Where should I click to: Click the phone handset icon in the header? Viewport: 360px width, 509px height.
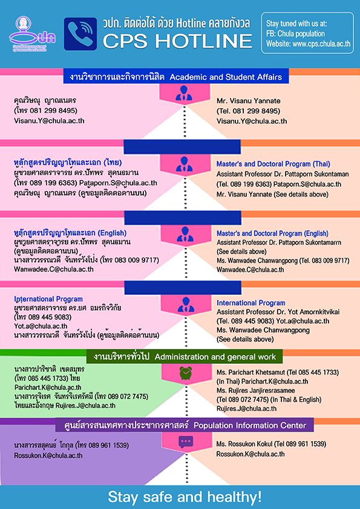pyautogui.click(x=80, y=34)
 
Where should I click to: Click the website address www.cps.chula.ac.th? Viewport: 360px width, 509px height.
pyautogui.click(x=309, y=44)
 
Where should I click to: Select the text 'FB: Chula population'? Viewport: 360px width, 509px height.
pyautogui.click(x=295, y=34)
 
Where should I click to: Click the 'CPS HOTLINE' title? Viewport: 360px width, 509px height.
pyautogui.click(x=177, y=41)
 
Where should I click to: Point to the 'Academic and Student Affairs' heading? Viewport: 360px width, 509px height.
pyautogui.click(x=226, y=77)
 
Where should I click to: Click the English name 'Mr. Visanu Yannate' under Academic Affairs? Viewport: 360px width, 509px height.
pyautogui.click(x=249, y=100)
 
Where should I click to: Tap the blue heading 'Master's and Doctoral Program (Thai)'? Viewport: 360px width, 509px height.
pyautogui.click(x=273, y=164)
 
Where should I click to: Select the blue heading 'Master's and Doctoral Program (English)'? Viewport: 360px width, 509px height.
pyautogui.click(x=272, y=233)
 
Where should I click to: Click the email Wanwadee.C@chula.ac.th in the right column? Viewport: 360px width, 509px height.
pyautogui.click(x=250, y=270)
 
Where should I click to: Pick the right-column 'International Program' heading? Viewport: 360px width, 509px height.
pyautogui.click(x=251, y=303)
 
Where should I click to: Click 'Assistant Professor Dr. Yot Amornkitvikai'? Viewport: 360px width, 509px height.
pyautogui.click(x=278, y=312)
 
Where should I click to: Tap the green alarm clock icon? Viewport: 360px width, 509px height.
pyautogui.click(x=186, y=373)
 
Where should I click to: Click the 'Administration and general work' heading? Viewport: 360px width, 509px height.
pyautogui.click(x=215, y=357)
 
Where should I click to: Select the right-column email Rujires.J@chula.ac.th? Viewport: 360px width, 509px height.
pyautogui.click(x=247, y=409)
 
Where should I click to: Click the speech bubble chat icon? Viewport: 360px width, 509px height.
pyautogui.click(x=186, y=442)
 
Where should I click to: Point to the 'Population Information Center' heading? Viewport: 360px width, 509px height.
pyautogui.click(x=250, y=425)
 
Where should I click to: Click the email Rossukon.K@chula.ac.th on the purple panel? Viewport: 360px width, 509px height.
pyautogui.click(x=48, y=455)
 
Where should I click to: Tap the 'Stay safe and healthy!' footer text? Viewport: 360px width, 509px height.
pyautogui.click(x=185, y=497)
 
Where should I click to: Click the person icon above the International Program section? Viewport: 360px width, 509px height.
pyautogui.click(x=185, y=305)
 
